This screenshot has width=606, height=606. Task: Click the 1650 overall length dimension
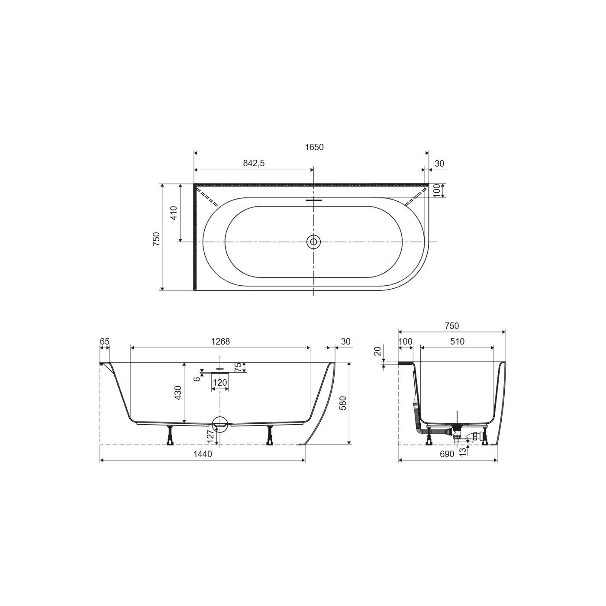coord(314,147)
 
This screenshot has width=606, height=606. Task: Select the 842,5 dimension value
coord(254,163)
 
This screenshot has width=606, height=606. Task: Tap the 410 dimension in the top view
coord(174,213)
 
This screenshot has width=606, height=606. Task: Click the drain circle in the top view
coord(313,242)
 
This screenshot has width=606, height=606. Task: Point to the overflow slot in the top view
coord(313,200)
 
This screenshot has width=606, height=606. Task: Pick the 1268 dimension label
coord(220,341)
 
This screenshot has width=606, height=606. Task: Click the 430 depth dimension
coord(178,393)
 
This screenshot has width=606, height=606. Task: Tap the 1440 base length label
coord(203,454)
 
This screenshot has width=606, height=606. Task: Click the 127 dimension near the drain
coord(211,436)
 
